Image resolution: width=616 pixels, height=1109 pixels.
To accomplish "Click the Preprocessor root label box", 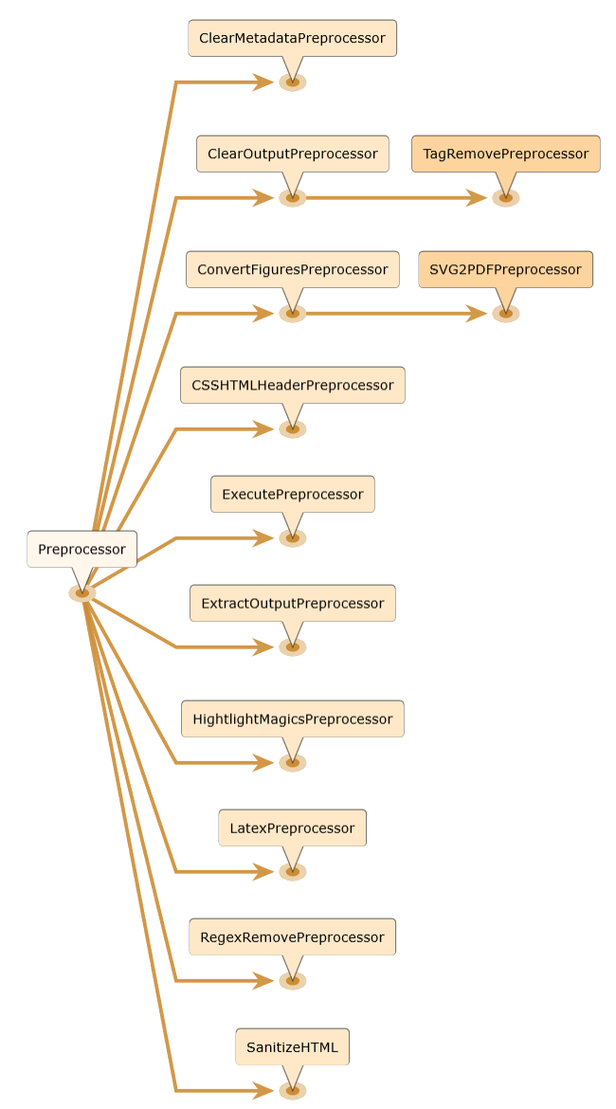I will pyautogui.click(x=82, y=549).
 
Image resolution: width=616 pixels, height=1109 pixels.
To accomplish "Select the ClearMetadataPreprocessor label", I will pyautogui.click(x=292, y=38).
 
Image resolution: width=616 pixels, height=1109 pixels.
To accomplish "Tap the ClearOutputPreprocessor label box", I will pyautogui.click(x=292, y=154).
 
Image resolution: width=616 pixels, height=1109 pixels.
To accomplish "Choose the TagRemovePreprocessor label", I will pyautogui.click(x=505, y=154).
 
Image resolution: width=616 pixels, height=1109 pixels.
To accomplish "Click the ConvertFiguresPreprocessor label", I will pyautogui.click(x=292, y=269).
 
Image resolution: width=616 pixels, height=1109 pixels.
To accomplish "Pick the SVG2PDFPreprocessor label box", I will pyautogui.click(x=505, y=269).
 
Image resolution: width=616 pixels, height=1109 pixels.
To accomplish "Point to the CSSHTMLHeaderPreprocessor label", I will pyautogui.click(x=292, y=385).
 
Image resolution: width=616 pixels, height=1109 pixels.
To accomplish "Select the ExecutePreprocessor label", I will pyautogui.click(x=292, y=494).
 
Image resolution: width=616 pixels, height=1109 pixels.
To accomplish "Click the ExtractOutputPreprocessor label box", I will pyautogui.click(x=292, y=603).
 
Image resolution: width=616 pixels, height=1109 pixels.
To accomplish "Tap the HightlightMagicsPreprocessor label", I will pyautogui.click(x=292, y=718).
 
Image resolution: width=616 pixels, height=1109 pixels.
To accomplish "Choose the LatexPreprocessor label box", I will pyautogui.click(x=292, y=827).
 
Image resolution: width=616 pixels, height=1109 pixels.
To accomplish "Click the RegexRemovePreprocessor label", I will pyautogui.click(x=292, y=936).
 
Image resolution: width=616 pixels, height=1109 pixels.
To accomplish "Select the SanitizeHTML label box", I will pyautogui.click(x=292, y=1046).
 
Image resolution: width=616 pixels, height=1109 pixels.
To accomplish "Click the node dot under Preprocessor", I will pyautogui.click(x=82, y=593).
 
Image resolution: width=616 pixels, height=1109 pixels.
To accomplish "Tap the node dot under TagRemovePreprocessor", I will pyautogui.click(x=506, y=198).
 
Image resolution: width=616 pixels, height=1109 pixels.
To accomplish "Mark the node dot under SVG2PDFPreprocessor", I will pyautogui.click(x=506, y=314).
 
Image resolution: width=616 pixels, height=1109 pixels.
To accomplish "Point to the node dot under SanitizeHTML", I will pyautogui.click(x=293, y=1091).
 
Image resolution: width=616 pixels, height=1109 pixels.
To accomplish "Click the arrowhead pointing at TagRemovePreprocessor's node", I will pyautogui.click(x=478, y=198).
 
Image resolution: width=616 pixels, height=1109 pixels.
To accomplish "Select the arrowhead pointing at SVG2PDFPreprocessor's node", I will pyautogui.click(x=478, y=314).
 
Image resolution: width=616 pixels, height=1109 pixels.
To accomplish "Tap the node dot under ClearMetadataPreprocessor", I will pyautogui.click(x=293, y=82).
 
